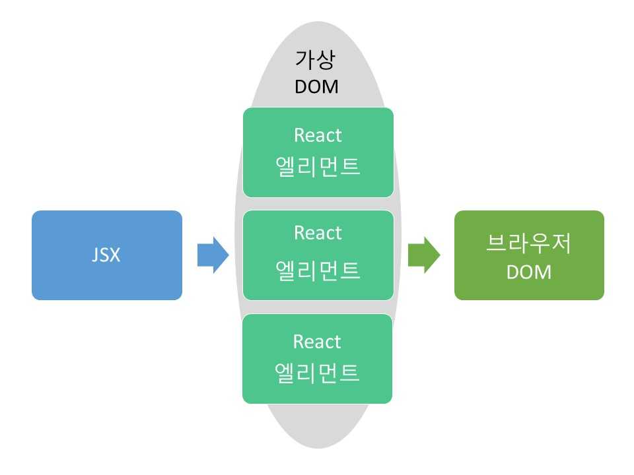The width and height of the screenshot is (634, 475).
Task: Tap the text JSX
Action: pos(106,255)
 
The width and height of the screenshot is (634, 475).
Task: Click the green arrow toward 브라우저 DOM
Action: pos(424,255)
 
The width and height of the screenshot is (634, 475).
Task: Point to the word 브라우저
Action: pos(529,245)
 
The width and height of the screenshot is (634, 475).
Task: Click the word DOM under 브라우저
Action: pos(529,272)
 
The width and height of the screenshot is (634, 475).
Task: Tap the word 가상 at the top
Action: pos(316,61)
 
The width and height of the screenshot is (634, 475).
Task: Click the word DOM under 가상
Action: pos(316,86)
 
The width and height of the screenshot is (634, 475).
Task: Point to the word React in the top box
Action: pos(318,135)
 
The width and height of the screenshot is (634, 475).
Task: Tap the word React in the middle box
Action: pos(318,233)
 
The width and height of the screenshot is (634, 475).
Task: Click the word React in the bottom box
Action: pos(318,342)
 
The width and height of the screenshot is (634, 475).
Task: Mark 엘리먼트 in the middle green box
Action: pos(318,270)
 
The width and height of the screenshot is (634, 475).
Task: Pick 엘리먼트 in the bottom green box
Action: pos(318,373)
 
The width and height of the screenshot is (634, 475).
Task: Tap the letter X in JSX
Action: pos(115,255)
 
